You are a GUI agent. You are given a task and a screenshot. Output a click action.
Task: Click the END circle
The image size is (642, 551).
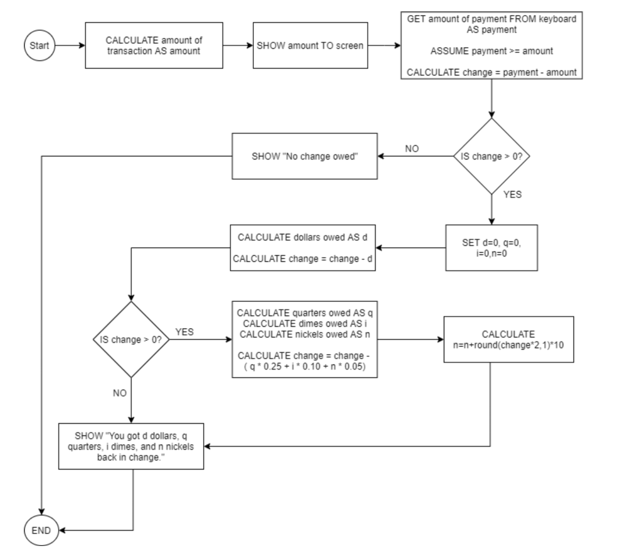41,530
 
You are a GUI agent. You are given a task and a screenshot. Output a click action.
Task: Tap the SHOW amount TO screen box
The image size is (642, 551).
309,45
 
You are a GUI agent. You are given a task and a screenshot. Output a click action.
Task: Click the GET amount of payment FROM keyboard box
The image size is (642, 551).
492,46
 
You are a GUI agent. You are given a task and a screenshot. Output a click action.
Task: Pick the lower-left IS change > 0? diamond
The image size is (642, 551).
130,340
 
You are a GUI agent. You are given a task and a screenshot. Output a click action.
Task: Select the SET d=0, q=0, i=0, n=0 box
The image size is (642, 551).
491,247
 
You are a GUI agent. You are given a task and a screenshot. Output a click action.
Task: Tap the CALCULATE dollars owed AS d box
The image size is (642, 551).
303,248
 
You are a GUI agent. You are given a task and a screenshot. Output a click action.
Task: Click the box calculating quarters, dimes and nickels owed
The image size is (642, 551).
303,340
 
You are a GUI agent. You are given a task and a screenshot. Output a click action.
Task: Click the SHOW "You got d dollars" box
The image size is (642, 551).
132,446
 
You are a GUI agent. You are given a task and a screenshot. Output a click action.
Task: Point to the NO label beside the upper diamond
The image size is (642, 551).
411,149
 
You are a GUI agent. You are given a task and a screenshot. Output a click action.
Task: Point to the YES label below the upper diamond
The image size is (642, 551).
512,195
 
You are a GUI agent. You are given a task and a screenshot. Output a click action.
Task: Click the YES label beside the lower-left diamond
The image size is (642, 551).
184,332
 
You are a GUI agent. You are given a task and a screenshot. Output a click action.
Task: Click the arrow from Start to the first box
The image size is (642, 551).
70,45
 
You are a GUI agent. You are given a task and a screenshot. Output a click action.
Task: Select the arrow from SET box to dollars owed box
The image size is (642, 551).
410,248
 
